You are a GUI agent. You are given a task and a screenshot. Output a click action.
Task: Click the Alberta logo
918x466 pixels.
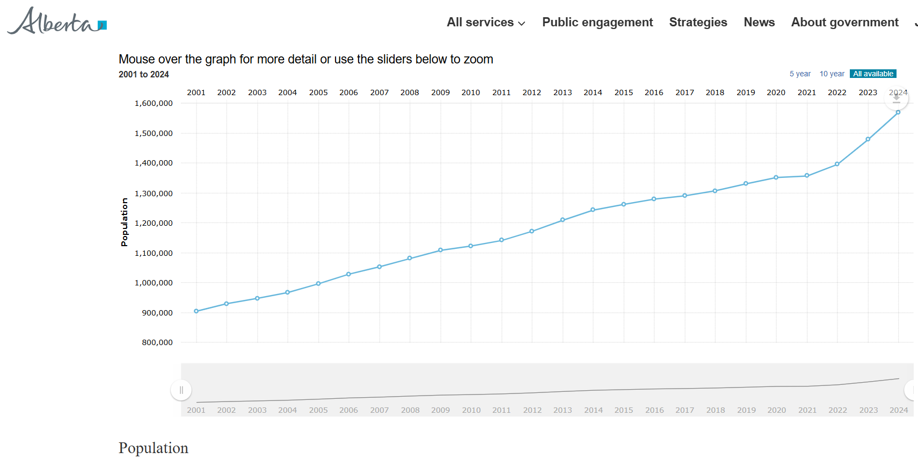tap(57, 21)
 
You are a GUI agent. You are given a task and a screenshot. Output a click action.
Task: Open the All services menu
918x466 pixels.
tap(486, 23)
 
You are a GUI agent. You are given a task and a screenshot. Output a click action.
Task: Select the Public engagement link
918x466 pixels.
tap(597, 23)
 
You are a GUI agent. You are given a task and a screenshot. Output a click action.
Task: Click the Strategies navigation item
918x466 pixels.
tap(698, 23)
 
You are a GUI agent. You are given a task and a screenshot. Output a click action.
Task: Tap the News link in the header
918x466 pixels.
tap(759, 23)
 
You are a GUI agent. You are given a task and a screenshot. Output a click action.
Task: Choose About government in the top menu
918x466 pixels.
tap(844, 23)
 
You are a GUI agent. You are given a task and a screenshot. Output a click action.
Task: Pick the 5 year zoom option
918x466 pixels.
tap(800, 74)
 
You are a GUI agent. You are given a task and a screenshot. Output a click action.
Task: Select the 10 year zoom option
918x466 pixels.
tap(832, 74)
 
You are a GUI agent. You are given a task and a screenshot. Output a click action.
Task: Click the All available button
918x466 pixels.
tap(873, 74)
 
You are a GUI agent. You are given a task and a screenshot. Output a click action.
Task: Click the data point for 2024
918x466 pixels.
tap(898, 112)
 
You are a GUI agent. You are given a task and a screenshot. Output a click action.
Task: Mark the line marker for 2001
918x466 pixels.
tap(196, 311)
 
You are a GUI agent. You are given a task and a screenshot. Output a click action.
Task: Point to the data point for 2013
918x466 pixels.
tap(563, 220)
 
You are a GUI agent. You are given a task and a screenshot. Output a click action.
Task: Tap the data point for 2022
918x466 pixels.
tap(837, 164)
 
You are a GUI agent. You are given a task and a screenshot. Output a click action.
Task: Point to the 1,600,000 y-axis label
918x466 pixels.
tap(154, 103)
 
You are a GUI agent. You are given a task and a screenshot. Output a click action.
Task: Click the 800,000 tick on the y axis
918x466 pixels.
tap(157, 342)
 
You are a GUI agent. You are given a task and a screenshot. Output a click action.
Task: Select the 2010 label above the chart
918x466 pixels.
tap(471, 92)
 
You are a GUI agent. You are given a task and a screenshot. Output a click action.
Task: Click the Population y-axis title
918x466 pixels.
tap(125, 222)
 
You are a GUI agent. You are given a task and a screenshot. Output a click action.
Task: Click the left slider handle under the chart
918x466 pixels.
tap(181, 390)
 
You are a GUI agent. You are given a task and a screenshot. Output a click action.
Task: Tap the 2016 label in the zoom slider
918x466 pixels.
tap(654, 410)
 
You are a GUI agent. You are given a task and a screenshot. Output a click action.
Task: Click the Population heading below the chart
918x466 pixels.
tap(154, 448)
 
